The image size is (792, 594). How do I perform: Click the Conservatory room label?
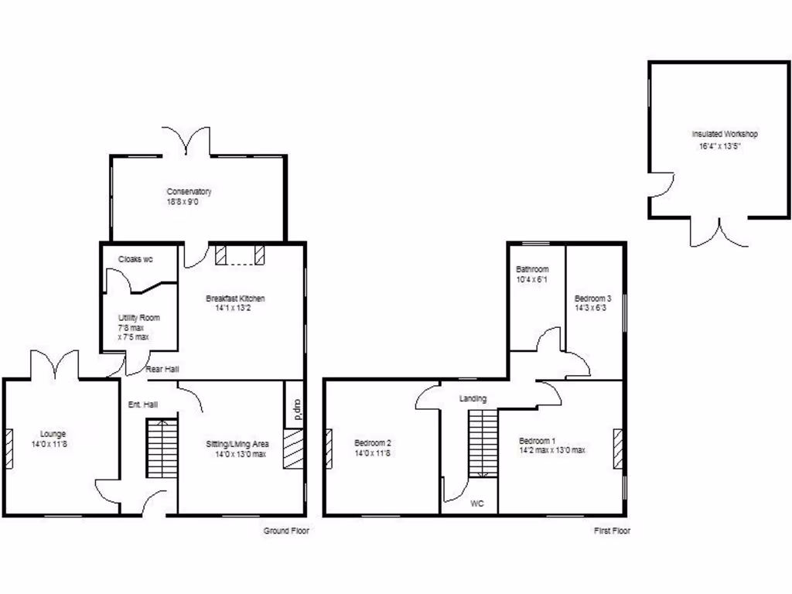[x=189, y=192]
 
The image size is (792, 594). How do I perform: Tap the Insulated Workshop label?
[x=725, y=134]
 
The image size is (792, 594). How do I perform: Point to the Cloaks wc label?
[x=135, y=259]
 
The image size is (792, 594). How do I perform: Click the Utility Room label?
[x=138, y=318]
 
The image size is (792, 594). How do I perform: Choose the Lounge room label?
[x=49, y=434]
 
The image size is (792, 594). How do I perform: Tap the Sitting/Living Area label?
[x=237, y=444]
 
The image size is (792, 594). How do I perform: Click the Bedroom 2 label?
[x=373, y=442]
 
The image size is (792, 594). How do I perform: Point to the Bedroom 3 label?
[x=593, y=299]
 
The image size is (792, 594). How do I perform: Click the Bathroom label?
[x=532, y=269]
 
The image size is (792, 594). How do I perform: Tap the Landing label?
[x=473, y=399]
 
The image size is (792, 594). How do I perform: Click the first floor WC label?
[x=477, y=504]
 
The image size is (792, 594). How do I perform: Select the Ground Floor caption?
[x=286, y=531]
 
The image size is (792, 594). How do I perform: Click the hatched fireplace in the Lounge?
[x=9, y=449]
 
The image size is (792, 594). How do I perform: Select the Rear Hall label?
[x=162, y=368]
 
